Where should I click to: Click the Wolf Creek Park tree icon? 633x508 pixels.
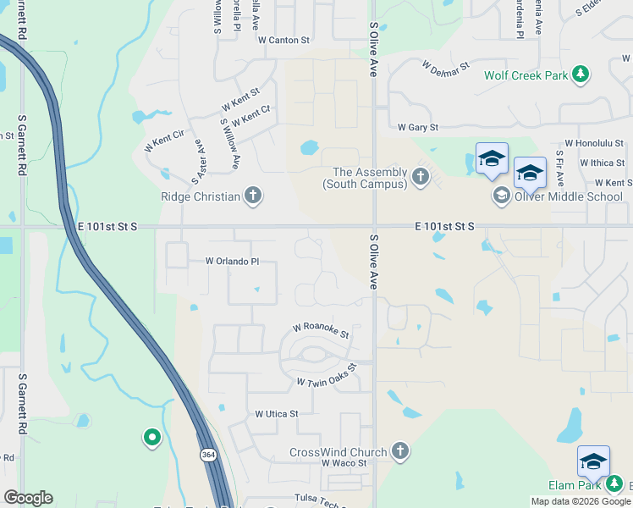click(x=581, y=75)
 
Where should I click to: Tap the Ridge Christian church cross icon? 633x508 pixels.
click(x=252, y=196)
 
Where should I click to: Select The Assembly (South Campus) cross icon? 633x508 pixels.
click(x=421, y=177)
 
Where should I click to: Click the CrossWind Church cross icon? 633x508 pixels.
click(x=400, y=452)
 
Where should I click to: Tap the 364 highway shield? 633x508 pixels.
click(x=208, y=456)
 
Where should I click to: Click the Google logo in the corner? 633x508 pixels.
click(x=28, y=498)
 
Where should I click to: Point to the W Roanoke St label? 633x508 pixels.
click(x=321, y=329)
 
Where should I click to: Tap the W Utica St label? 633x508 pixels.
click(x=277, y=414)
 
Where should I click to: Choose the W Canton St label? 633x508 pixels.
click(x=284, y=40)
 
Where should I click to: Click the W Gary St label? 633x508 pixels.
click(x=418, y=127)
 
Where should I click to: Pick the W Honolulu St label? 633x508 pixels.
click(x=594, y=144)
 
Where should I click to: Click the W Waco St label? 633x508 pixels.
click(x=344, y=463)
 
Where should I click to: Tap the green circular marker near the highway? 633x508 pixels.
click(x=152, y=438)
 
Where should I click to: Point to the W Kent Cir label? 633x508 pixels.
click(x=164, y=141)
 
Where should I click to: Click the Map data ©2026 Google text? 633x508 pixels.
click(x=581, y=501)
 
